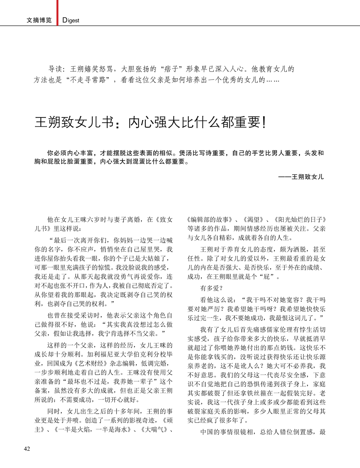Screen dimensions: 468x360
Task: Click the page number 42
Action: coord(27,448)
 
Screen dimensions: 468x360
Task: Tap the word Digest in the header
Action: coord(71,21)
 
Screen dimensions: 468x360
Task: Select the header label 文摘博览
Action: coord(39,21)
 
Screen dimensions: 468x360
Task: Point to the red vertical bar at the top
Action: coord(57,13)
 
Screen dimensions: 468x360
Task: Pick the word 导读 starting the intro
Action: coord(56,69)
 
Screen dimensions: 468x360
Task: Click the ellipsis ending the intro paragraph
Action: coord(273,80)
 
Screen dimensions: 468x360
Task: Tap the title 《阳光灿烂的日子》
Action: coord(300,219)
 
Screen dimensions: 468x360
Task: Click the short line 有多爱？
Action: coord(212,288)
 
